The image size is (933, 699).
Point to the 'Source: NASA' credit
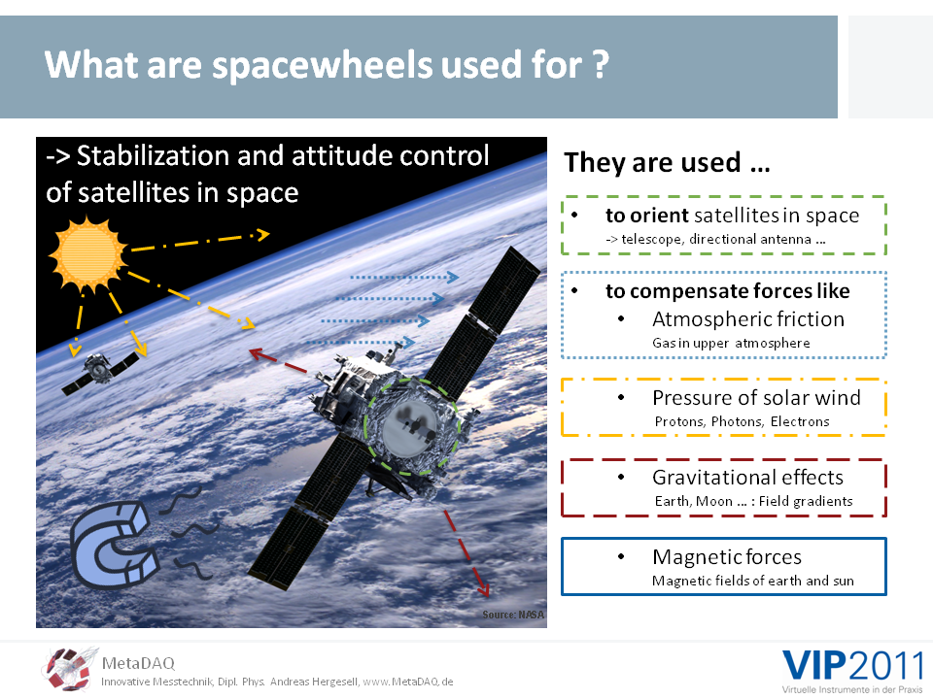(513, 615)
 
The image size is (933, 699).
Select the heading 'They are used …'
(667, 162)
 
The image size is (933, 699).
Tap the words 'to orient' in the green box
(647, 216)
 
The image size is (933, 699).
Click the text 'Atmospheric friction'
(748, 319)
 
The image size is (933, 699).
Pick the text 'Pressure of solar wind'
(756, 398)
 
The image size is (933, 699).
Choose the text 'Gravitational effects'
(747, 478)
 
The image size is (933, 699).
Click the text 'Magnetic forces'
(727, 557)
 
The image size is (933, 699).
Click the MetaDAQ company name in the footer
(138, 663)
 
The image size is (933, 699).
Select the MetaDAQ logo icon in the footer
(68, 669)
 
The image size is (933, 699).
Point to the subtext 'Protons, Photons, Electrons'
(742, 421)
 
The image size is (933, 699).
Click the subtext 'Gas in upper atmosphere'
(731, 343)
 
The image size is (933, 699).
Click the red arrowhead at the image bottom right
(483, 588)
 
